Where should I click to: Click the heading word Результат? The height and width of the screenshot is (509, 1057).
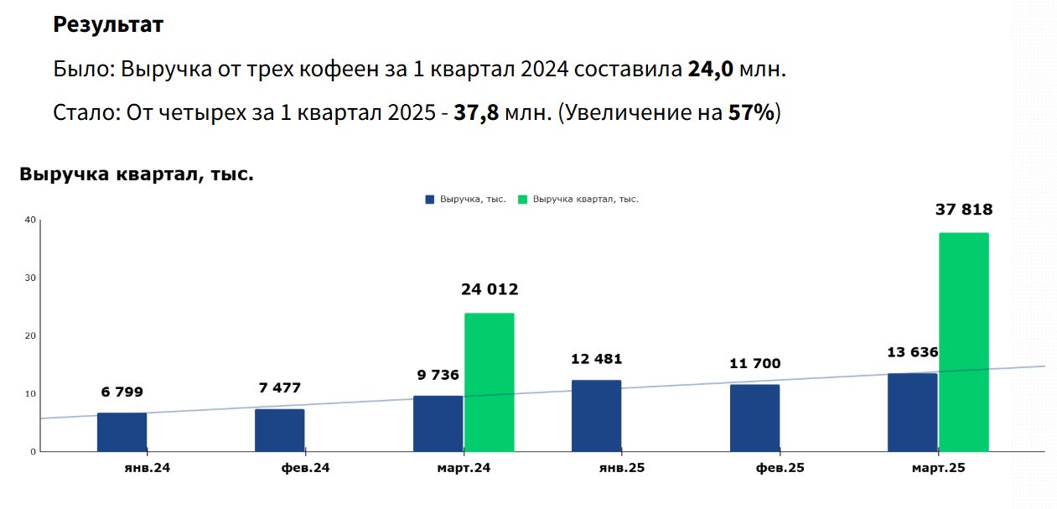108,25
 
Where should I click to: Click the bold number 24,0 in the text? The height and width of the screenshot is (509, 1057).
711,70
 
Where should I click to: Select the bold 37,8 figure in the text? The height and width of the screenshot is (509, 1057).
476,113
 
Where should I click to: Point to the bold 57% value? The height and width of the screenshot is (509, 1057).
751,113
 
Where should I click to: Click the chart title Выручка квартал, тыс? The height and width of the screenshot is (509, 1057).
136,175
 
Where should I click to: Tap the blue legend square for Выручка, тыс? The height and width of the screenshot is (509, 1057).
430,200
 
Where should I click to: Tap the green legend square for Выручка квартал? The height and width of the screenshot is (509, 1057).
523,200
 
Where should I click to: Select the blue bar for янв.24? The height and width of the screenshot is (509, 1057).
122,432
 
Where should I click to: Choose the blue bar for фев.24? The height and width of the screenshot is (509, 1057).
279,430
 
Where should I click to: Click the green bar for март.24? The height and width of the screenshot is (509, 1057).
489,382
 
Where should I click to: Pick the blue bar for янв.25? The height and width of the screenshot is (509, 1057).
596,416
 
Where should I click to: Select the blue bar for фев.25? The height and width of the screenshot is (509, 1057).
754,418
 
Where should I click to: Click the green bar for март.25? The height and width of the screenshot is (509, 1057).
963,342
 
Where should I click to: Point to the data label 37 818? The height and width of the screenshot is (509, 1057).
963,210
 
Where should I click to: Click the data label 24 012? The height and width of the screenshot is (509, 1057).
490,290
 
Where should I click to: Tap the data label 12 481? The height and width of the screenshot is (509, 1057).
596,360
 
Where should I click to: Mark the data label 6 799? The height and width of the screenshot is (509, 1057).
122,392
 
